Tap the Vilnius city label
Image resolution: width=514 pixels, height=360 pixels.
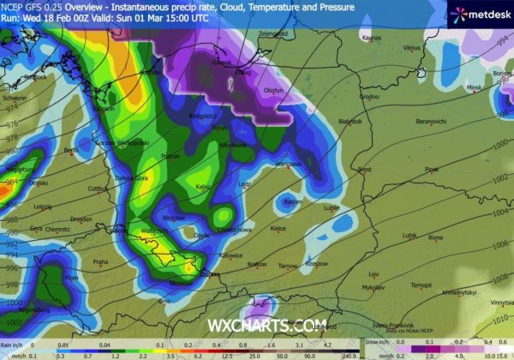414,48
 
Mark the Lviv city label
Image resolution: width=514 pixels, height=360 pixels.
374,274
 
